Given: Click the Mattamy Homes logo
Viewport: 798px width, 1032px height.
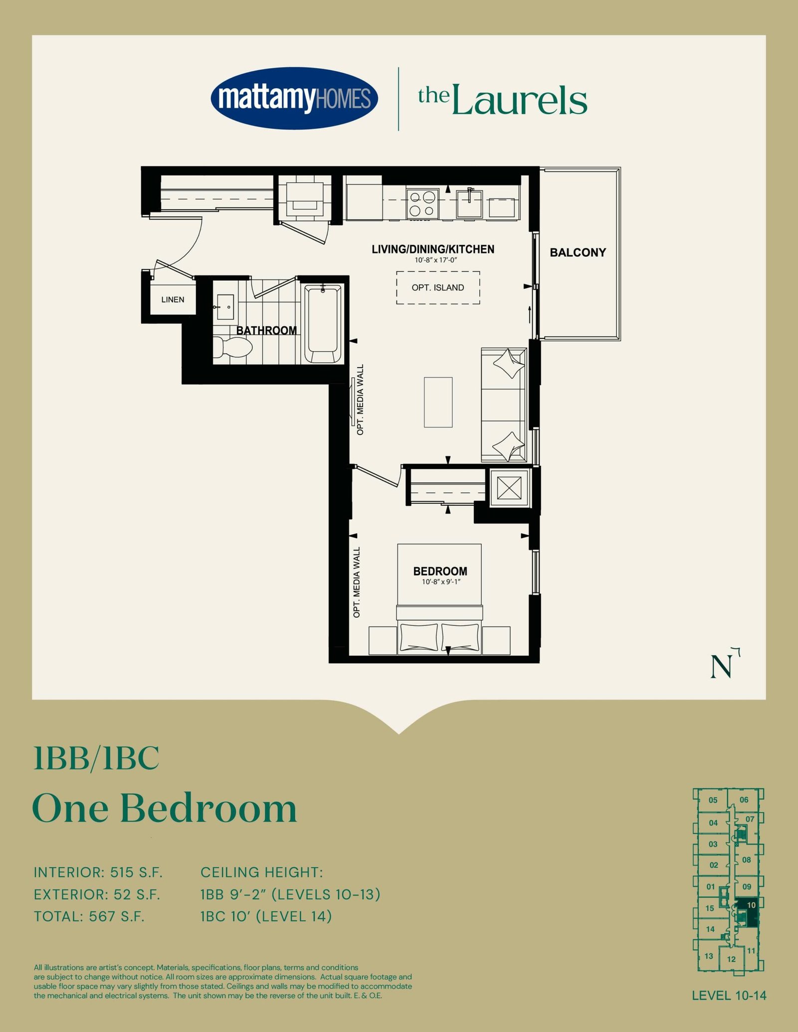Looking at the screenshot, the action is tap(294, 98).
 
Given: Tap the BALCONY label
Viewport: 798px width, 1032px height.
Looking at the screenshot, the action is tap(578, 253).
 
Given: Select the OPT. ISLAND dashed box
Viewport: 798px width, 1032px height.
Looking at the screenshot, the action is tap(438, 288).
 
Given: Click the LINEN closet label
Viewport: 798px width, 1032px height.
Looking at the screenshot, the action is tap(173, 299).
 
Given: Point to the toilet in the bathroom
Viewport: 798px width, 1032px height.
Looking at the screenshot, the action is tap(233, 347).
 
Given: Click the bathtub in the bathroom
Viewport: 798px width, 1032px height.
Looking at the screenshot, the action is tap(323, 324).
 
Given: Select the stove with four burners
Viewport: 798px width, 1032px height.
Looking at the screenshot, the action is tap(422, 203).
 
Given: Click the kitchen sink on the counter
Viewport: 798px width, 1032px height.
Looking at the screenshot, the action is tap(469, 203).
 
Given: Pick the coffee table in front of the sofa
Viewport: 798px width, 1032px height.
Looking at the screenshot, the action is tap(438, 402).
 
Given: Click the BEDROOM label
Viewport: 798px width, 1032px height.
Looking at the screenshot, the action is tap(440, 571).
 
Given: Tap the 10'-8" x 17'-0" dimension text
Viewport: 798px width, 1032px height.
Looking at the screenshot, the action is tap(436, 260).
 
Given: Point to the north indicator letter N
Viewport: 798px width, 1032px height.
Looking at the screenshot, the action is tap(721, 667).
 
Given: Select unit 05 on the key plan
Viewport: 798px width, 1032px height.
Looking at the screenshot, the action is tap(712, 800).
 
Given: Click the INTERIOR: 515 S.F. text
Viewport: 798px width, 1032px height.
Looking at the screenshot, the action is tap(98, 872).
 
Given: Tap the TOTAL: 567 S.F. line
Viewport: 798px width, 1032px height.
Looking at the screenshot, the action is tap(89, 916).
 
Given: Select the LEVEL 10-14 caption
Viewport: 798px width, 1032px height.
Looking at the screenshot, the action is tap(729, 996).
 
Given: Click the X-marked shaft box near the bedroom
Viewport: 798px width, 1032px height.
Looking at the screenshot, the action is tap(509, 487).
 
